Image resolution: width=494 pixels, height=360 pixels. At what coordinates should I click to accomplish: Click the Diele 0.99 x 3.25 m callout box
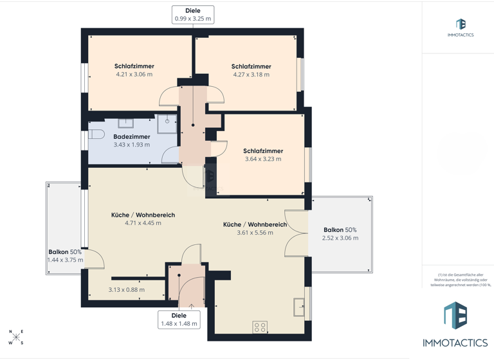[x=192, y=15]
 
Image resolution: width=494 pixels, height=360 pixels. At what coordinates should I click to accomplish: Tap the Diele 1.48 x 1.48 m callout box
[x=179, y=319]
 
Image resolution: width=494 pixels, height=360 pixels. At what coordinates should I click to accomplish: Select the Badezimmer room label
[x=132, y=137]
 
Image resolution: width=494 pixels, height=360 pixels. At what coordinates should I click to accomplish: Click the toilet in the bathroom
[x=96, y=134]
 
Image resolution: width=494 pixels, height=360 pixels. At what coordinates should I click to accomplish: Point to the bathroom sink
[x=125, y=122]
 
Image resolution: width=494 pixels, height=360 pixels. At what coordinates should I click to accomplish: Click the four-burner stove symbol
[x=261, y=327]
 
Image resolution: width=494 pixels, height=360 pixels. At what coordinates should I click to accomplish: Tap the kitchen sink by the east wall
[x=299, y=307]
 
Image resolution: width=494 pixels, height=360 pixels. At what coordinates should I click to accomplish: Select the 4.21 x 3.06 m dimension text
[x=134, y=75]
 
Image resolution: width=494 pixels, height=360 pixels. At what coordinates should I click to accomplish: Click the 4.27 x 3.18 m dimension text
[x=252, y=75]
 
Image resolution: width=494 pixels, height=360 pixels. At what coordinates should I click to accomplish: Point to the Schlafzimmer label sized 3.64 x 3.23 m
[x=263, y=151]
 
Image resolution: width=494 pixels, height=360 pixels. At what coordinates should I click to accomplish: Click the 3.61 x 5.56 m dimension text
[x=255, y=233]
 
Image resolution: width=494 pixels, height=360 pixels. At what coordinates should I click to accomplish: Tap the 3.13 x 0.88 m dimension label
[x=126, y=290]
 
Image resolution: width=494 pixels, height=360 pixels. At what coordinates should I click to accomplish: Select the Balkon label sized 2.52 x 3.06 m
[x=340, y=230]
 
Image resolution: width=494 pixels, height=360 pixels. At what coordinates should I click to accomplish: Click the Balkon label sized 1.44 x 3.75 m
[x=65, y=252]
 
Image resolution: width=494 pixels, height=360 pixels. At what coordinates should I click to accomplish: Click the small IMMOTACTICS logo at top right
[x=461, y=28]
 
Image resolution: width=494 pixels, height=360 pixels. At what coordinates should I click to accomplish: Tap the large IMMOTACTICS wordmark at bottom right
[x=455, y=343]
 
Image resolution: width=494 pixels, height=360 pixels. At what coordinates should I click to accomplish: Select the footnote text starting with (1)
[x=457, y=278]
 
